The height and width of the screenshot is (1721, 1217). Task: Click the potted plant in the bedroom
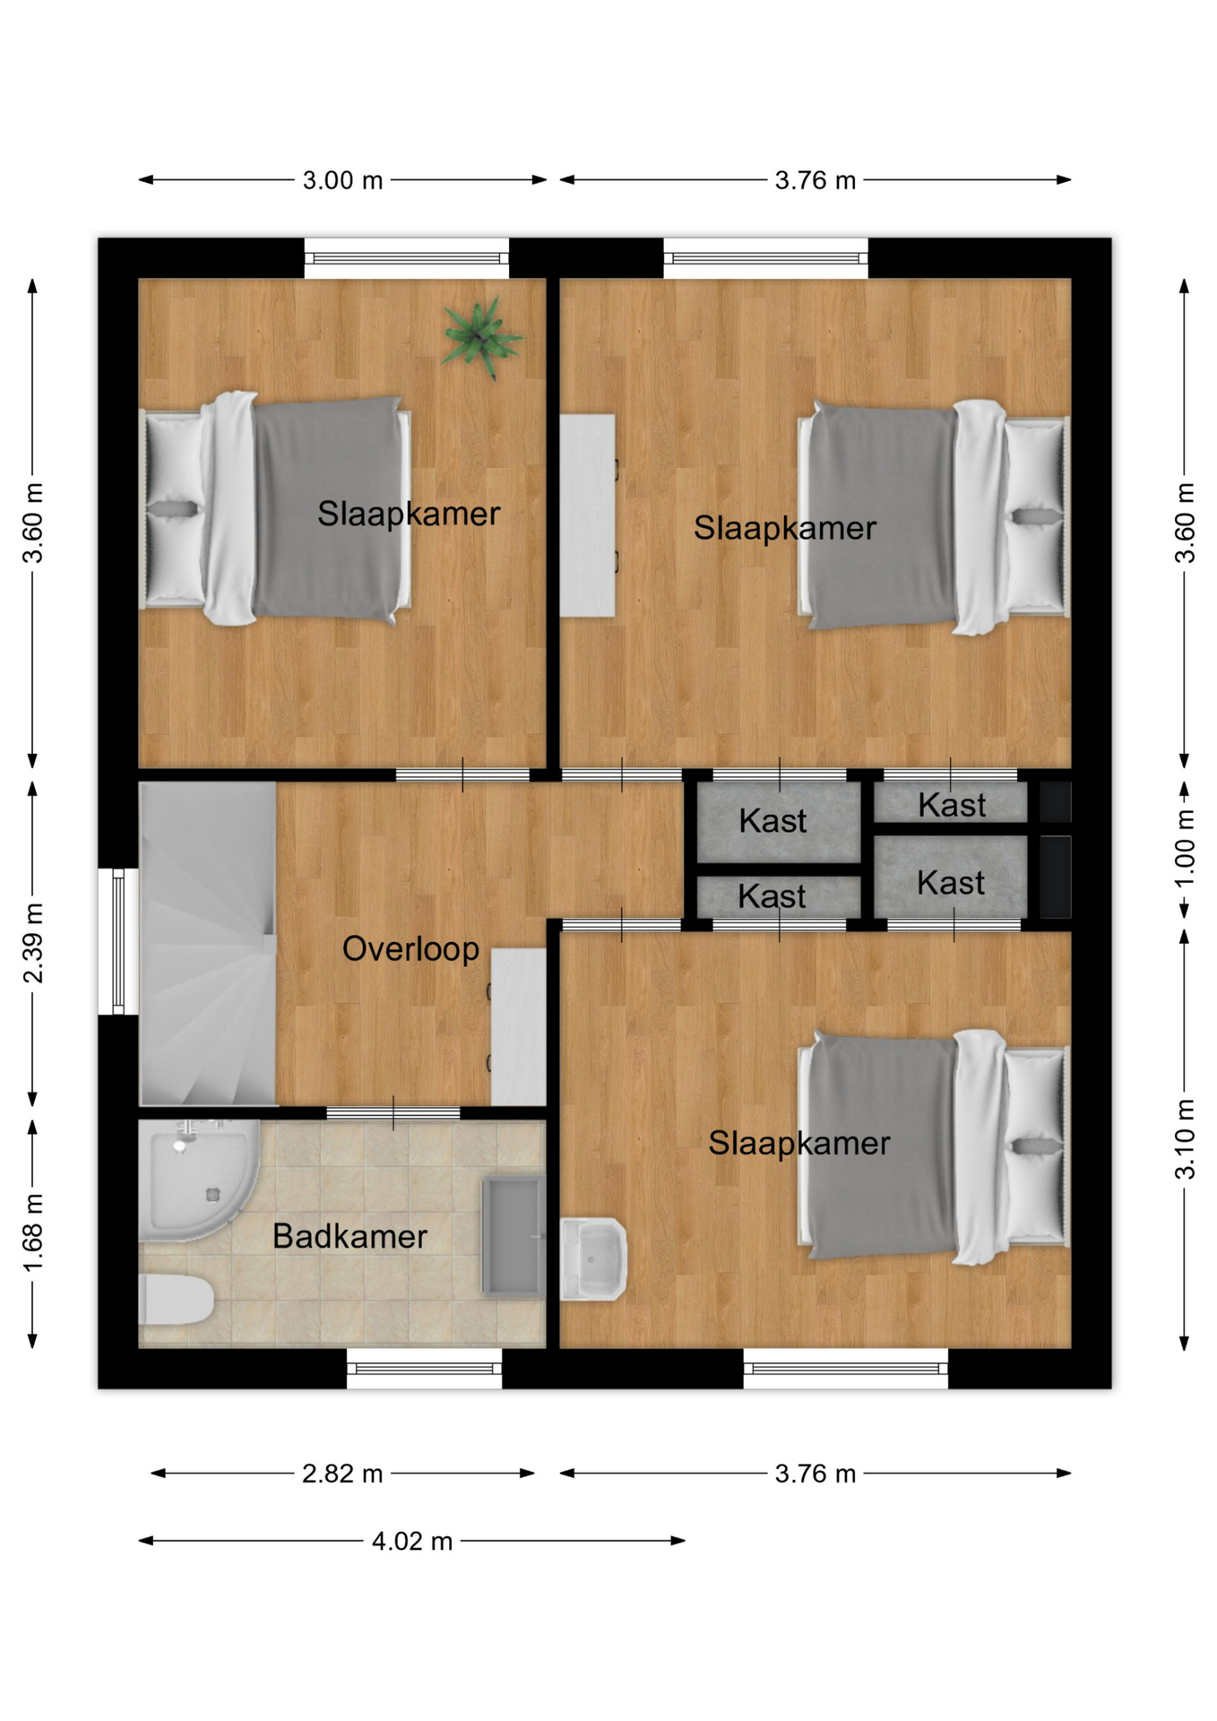(x=480, y=338)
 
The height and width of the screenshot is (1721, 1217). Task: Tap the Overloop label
(x=410, y=948)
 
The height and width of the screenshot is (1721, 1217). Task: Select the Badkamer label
(x=350, y=1236)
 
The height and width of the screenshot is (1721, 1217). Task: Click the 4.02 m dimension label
(x=412, y=1541)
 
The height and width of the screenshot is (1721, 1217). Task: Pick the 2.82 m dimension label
(x=342, y=1474)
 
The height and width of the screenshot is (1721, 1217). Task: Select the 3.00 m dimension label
(x=342, y=180)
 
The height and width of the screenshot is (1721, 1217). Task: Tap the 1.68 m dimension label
(x=33, y=1232)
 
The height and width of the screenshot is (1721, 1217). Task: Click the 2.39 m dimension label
(x=33, y=943)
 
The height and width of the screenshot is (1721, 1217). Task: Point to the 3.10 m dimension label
(x=1185, y=1138)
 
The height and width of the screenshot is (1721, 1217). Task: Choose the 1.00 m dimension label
(x=1185, y=848)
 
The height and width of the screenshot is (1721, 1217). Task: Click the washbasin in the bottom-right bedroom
(x=592, y=1258)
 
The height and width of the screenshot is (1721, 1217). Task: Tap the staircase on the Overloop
(x=208, y=943)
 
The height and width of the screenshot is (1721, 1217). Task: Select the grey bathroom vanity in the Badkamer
(x=514, y=1237)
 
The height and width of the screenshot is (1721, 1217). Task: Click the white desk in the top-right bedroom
(x=588, y=515)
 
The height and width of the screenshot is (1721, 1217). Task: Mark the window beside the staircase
(x=118, y=941)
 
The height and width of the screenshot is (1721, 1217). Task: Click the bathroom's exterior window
(x=424, y=1369)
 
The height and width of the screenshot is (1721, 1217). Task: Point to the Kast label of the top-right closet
(x=952, y=805)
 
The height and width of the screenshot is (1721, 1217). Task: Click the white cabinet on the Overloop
(x=518, y=1026)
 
